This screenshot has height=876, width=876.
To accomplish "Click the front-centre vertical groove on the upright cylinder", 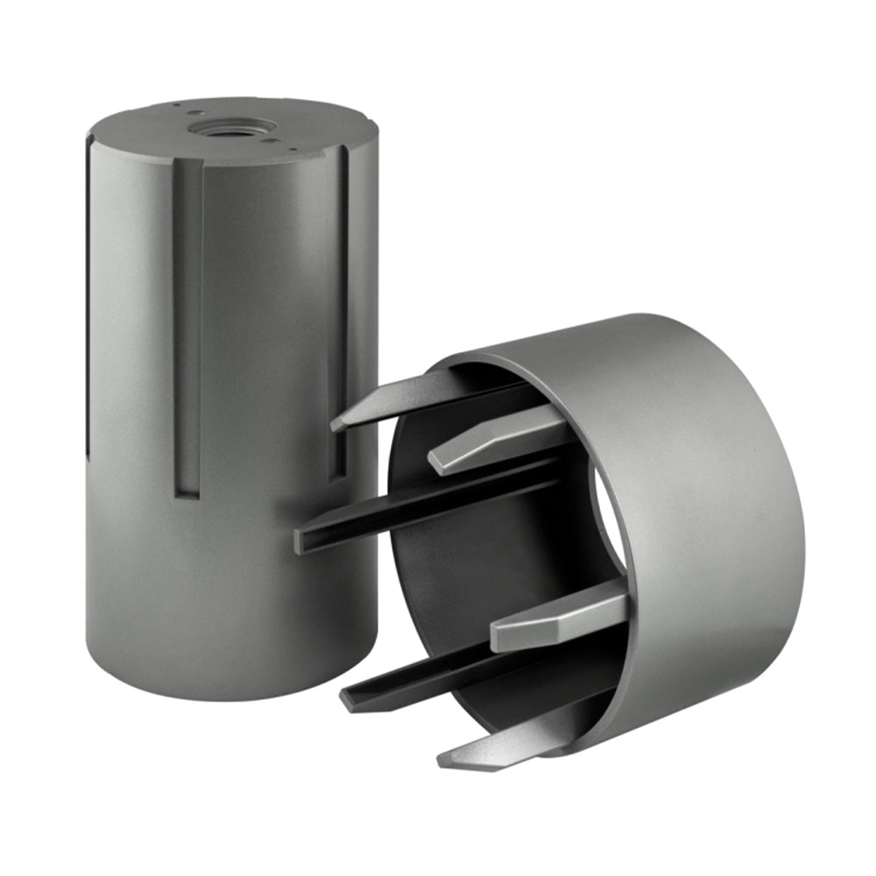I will pyautogui.click(x=187, y=333).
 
